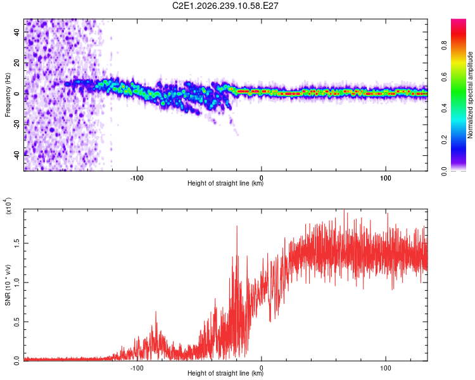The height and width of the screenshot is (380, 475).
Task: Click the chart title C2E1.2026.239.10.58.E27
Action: pyautogui.click(x=225, y=6)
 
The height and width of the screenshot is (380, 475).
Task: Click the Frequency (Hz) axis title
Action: pyautogui.click(x=8, y=95)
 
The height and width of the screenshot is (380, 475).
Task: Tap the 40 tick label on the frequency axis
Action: pyautogui.click(x=17, y=32)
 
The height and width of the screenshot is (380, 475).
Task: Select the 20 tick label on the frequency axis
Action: pyautogui.click(x=17, y=63)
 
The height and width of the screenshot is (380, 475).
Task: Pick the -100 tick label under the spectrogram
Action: pyautogui.click(x=137, y=178)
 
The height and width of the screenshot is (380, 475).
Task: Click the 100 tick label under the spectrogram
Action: pyautogui.click(x=386, y=178)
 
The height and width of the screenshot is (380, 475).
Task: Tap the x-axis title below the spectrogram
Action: pyautogui.click(x=225, y=183)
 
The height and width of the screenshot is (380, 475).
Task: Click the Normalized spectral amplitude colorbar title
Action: pyautogui.click(x=470, y=95)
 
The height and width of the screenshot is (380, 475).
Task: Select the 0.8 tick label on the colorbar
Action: pyautogui.click(x=444, y=46)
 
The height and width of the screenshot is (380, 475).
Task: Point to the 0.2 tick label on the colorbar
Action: pyautogui.click(x=444, y=140)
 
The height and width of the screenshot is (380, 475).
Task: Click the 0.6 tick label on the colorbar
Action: pyautogui.click(x=444, y=77)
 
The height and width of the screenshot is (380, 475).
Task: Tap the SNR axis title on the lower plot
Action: pyautogui.click(x=8, y=285)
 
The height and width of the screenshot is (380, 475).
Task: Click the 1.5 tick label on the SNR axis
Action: pyautogui.click(x=17, y=243)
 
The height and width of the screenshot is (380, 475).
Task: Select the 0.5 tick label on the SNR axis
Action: pyautogui.click(x=17, y=322)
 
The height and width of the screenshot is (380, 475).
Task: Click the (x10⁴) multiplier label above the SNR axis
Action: pyautogui.click(x=8, y=206)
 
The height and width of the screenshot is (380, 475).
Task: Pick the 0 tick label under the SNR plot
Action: pyautogui.click(x=262, y=368)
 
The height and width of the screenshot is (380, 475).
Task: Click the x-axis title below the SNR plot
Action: pyautogui.click(x=225, y=373)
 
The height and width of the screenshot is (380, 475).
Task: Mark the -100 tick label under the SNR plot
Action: pyautogui.click(x=137, y=368)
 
